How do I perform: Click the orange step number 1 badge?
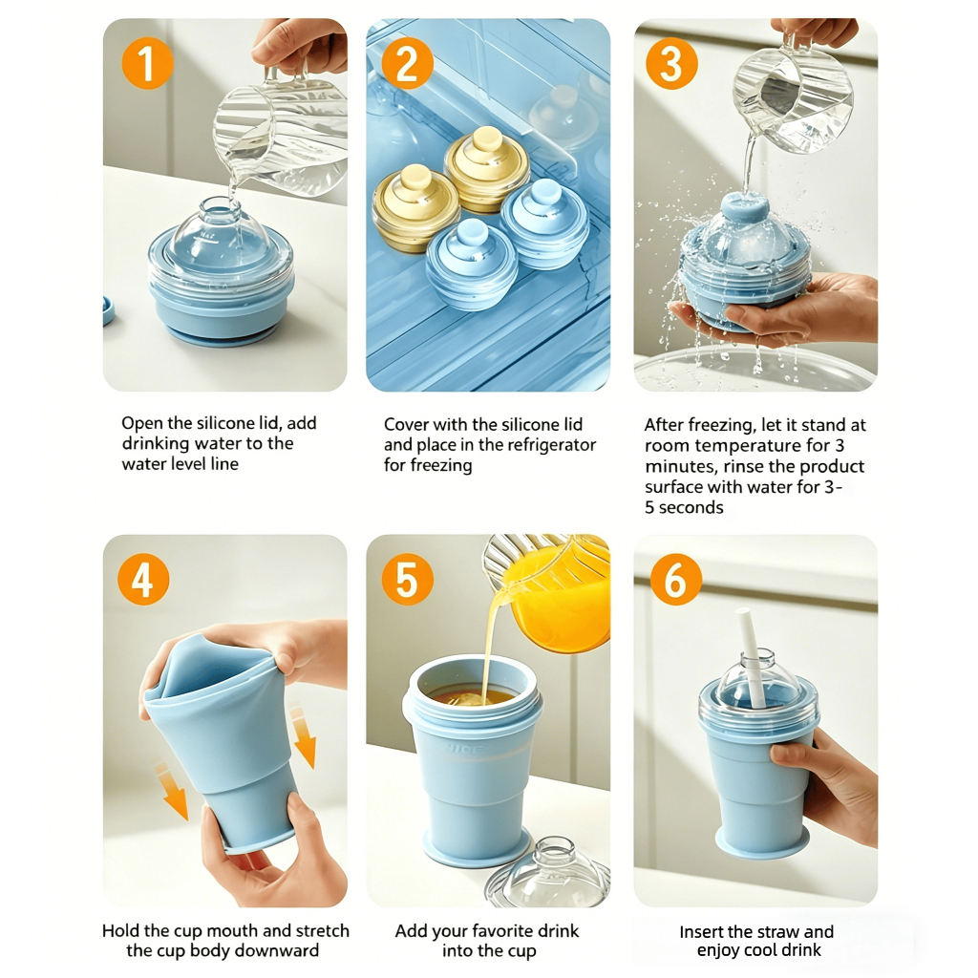click(x=147, y=63)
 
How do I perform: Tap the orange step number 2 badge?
click(x=407, y=63)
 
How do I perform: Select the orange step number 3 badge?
click(x=671, y=63)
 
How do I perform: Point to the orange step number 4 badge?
click(x=143, y=580)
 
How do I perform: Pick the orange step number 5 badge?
click(x=407, y=580)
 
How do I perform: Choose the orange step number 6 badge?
click(x=676, y=580)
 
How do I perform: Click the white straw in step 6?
click(x=751, y=658)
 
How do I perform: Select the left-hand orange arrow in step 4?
click(x=172, y=790)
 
